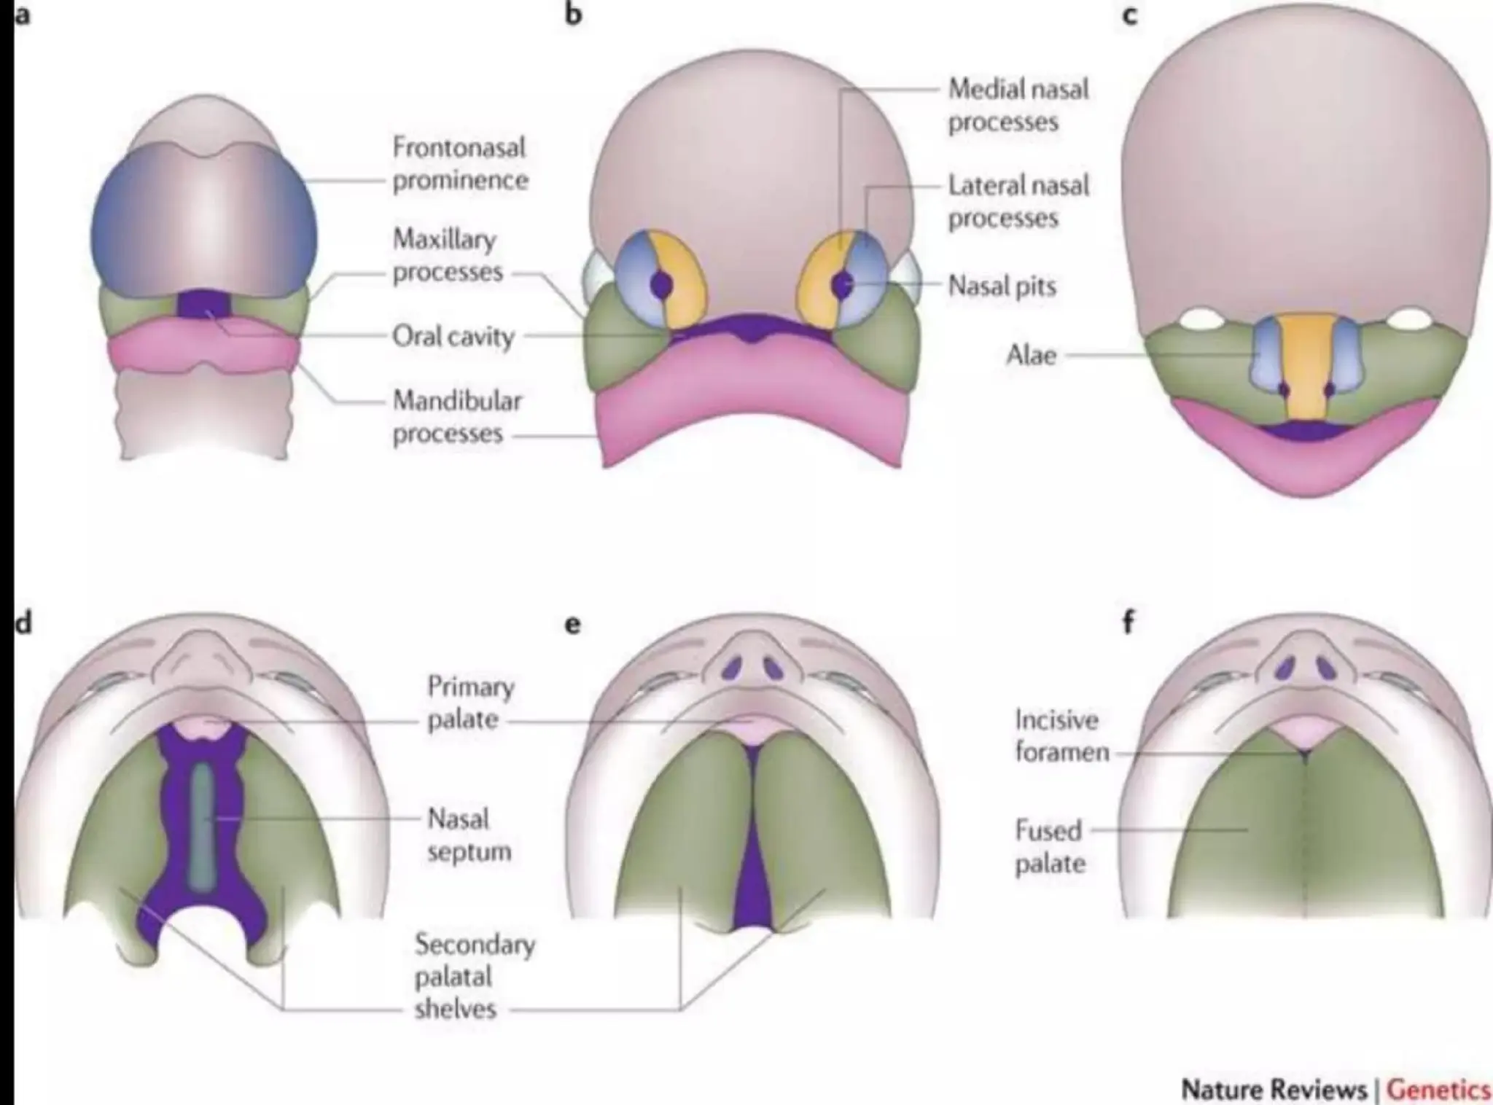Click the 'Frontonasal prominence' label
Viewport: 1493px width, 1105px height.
point(459,164)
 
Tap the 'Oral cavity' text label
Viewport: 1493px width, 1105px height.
point(453,337)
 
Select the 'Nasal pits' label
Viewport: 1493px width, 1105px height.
point(1002,286)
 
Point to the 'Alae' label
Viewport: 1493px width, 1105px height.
point(1031,356)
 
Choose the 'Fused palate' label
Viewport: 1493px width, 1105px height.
point(1050,847)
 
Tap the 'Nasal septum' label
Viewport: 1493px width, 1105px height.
point(469,835)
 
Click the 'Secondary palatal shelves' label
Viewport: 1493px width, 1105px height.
point(474,977)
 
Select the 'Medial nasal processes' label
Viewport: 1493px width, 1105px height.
point(1017,106)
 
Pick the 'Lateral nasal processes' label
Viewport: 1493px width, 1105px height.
point(1018,202)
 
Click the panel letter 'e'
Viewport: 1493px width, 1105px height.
point(573,625)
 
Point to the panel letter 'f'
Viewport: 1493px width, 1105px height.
point(1128,623)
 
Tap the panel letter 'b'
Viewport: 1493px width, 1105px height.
point(574,14)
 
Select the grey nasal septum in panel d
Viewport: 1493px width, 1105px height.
point(202,827)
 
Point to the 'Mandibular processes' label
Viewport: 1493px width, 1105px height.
point(457,417)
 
